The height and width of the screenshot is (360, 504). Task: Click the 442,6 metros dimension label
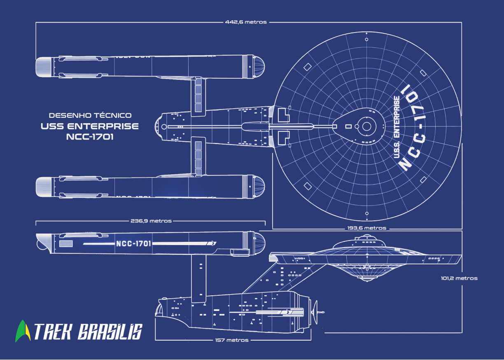pos(246,22)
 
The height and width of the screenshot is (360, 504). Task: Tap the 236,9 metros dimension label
pos(151,221)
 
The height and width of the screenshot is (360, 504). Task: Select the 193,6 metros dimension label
pos(366,228)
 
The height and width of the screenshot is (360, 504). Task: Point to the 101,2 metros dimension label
pos(459,278)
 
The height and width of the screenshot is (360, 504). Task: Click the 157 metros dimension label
pos(232,340)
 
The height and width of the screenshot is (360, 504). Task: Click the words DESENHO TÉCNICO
pos(90,115)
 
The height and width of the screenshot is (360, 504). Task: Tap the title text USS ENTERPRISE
pos(90,126)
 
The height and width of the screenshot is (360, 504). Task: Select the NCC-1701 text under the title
pos(90,137)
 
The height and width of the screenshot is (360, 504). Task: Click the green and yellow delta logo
pos(23,331)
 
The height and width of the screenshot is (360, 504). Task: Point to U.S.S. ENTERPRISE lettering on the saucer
pos(397,127)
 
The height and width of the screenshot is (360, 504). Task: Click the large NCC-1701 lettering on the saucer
pos(414,128)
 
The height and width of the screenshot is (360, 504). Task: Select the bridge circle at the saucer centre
pos(366,126)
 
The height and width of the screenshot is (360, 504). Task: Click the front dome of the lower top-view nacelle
pos(258,186)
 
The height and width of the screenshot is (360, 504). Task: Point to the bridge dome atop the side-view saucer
pos(366,238)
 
